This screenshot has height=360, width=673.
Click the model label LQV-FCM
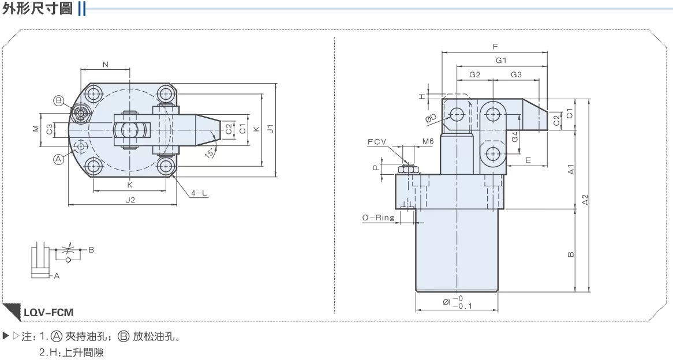pos(48,312)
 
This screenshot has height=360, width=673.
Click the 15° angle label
pos(210,152)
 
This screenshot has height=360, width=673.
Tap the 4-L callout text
pos(199,193)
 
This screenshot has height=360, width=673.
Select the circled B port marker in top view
pos(58,101)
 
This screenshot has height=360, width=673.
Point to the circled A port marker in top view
pos(58,159)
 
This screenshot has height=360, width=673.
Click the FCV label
pos(377,141)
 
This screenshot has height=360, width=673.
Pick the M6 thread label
pos(428,141)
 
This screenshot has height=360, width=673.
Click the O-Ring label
pos(378,217)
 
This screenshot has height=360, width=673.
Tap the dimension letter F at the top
pos(495,46)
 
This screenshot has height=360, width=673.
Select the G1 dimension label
pos(502,61)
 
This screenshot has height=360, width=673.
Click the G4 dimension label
pos(515,137)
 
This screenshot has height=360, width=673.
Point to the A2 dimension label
pos(585,200)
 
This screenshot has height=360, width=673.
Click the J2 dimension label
pos(130,200)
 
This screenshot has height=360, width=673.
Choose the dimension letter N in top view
pos(106,65)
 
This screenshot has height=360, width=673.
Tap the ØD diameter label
pos(431,118)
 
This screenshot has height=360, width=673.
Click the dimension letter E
pos(528,160)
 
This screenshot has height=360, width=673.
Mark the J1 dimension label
pos(270,128)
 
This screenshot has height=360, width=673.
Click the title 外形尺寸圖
pos(38,8)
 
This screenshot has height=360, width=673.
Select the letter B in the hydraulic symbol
pos(91,250)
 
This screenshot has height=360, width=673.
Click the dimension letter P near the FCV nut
pos(376,168)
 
